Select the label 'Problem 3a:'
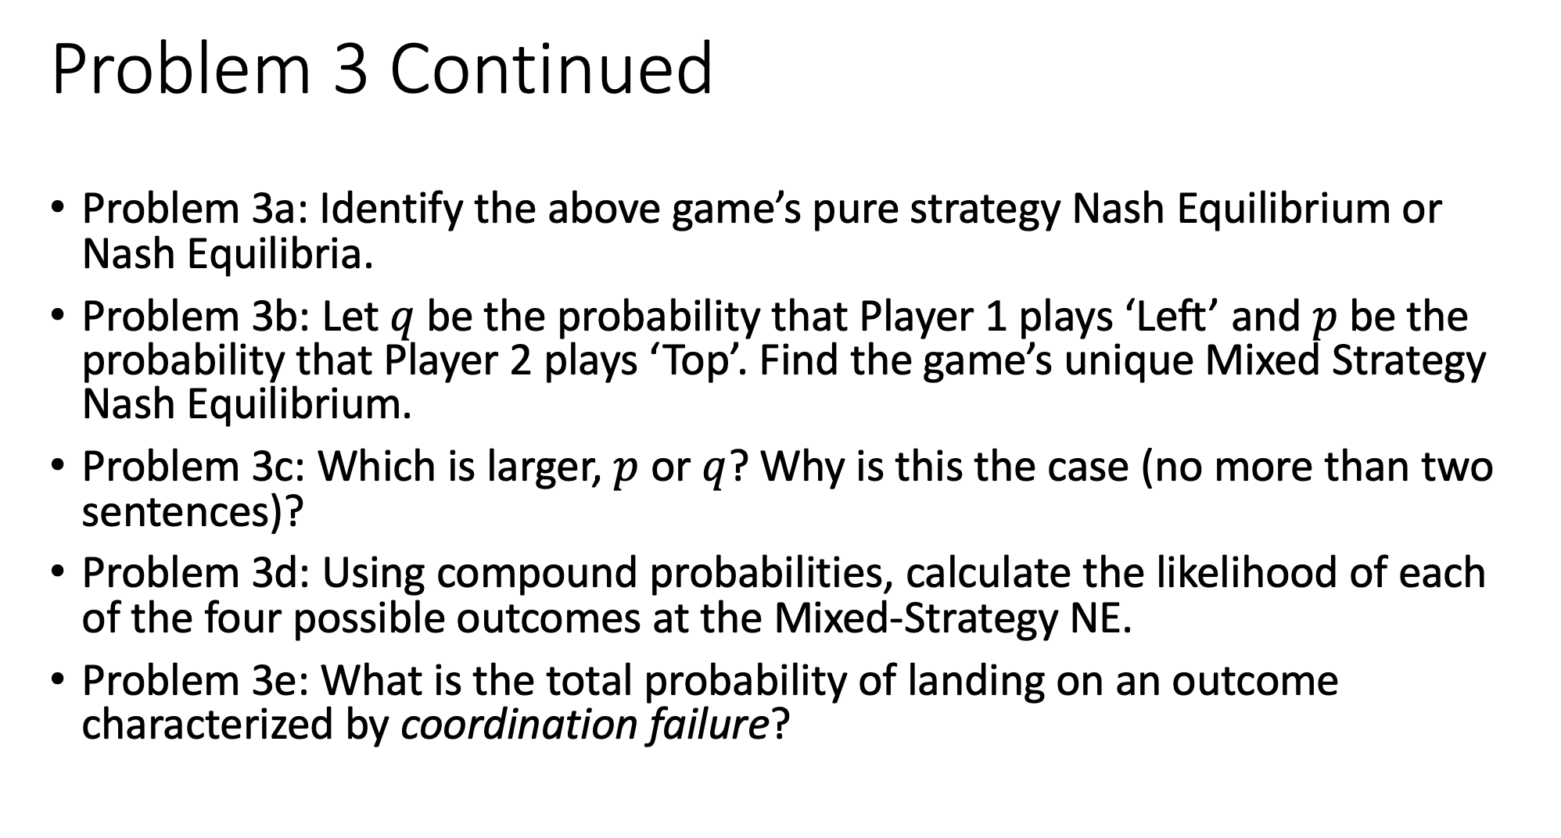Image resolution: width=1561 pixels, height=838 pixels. pos(196,209)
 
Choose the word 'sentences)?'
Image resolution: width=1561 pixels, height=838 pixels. pos(192,512)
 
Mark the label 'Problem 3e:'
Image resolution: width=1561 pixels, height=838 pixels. pos(196,681)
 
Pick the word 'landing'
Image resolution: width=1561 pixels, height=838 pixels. pos(975,681)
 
